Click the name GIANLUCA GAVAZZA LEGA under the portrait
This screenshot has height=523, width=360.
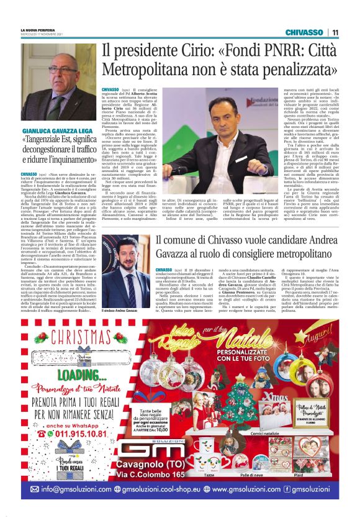point(60,131)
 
